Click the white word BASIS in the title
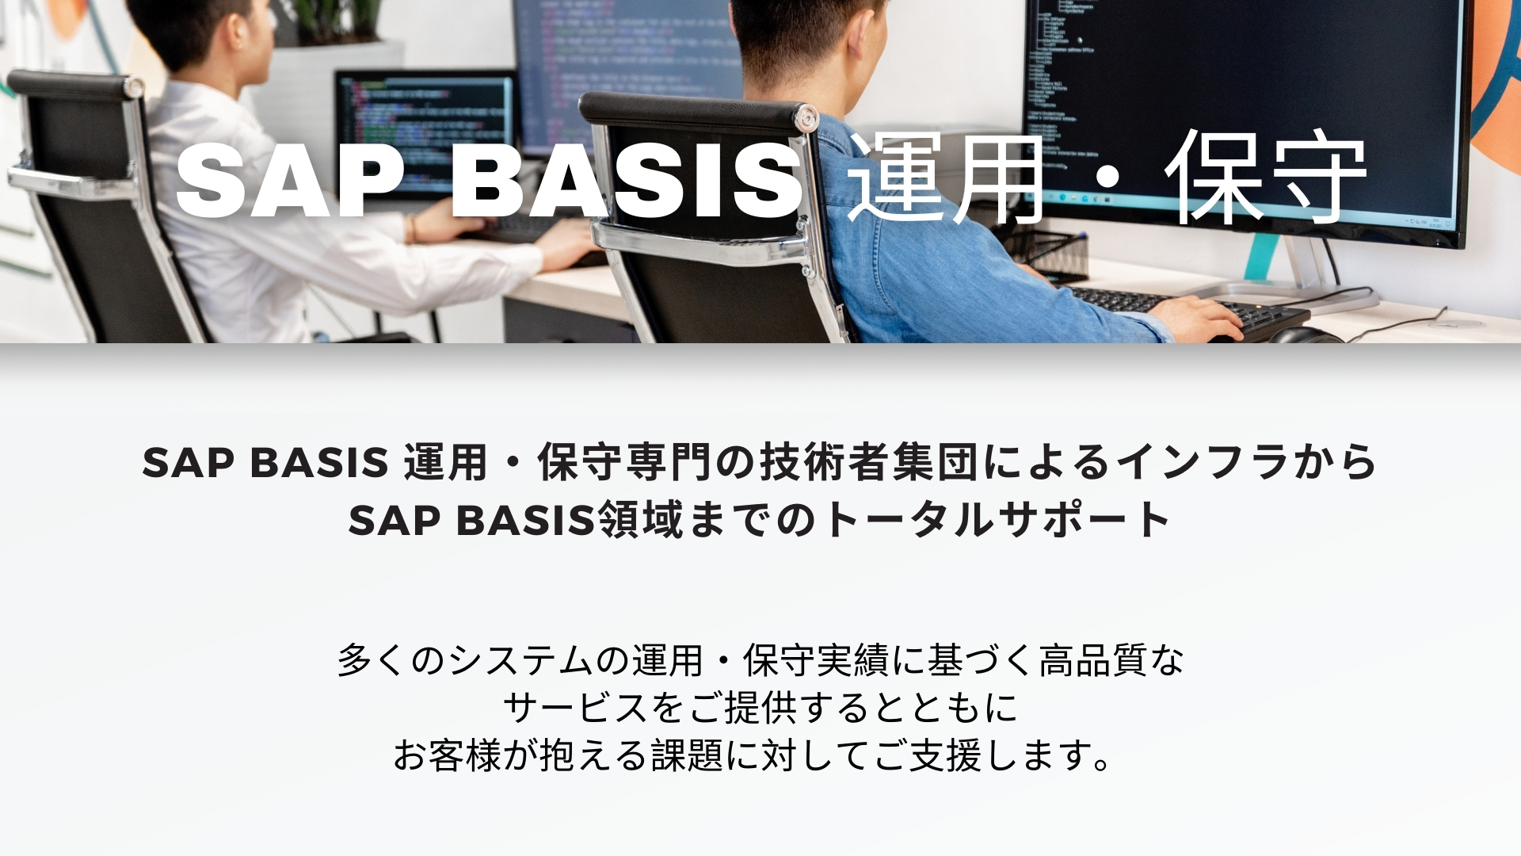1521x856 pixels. tap(626, 182)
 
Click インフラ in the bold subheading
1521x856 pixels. tap(1203, 462)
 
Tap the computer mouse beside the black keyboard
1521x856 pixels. tap(1303, 335)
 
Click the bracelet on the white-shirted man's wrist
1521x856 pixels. tap(412, 228)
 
